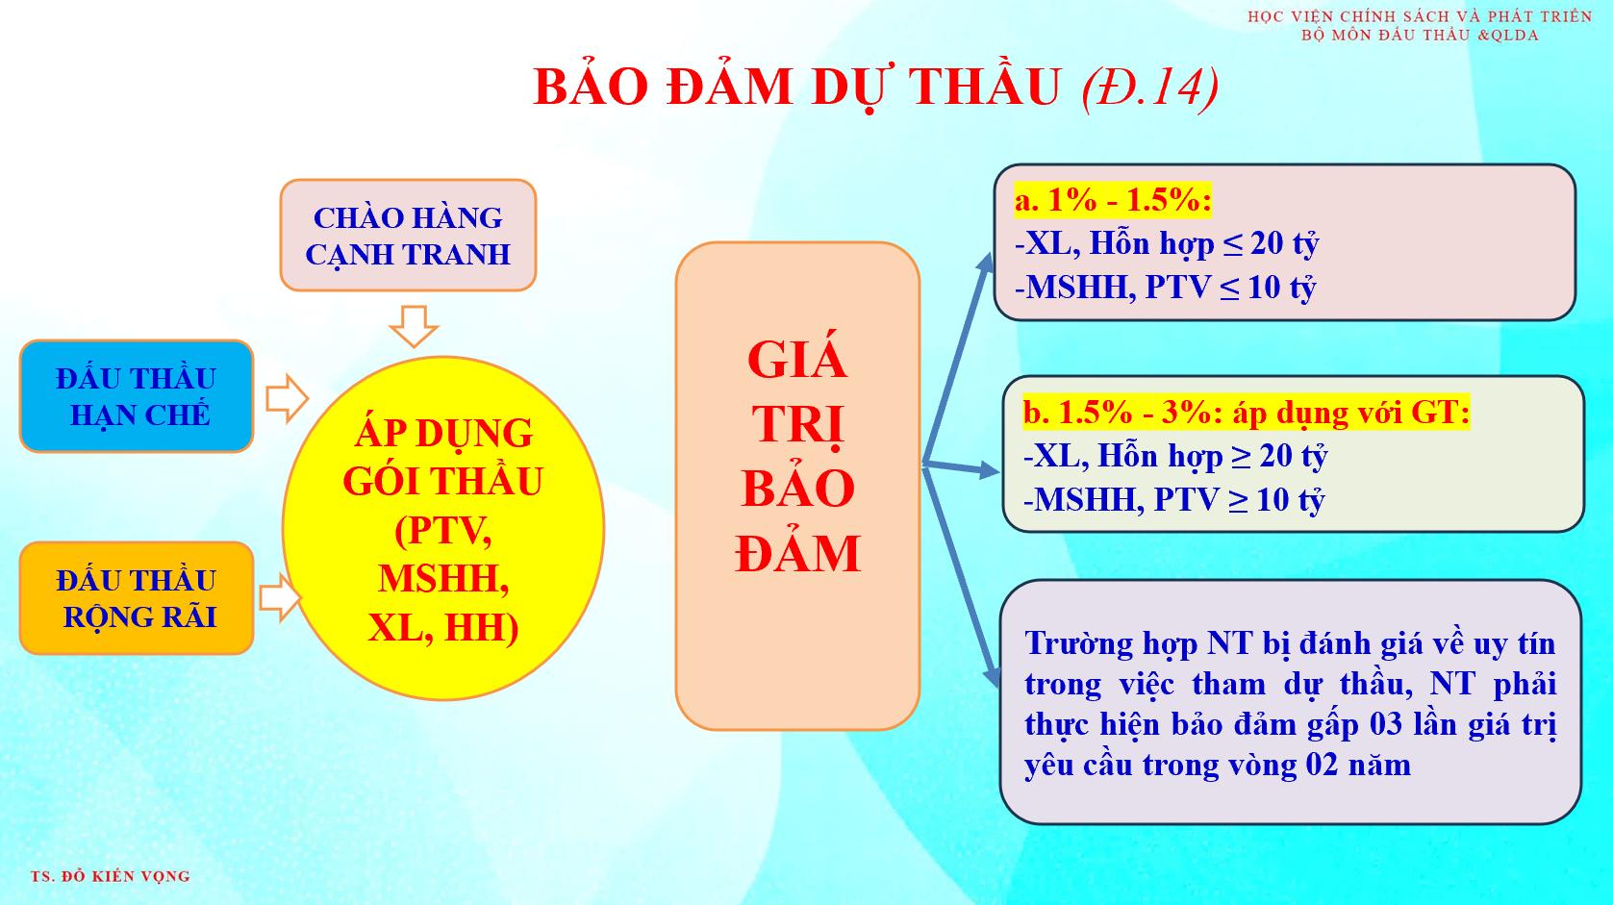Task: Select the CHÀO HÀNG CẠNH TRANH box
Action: point(408,236)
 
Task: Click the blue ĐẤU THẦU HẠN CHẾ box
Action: point(137,396)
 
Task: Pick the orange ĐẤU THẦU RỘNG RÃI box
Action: point(137,598)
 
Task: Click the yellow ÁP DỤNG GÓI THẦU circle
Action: point(442,528)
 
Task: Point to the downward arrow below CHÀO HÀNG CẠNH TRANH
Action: point(414,326)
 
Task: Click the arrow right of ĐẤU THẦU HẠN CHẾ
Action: point(287,397)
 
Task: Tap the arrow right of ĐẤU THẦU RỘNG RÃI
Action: point(280,597)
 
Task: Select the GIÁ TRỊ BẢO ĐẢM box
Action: point(798,486)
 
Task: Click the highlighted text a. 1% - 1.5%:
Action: point(1113,200)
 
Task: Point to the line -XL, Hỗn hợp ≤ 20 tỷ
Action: point(1167,243)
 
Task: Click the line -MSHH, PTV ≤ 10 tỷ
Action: point(1165,287)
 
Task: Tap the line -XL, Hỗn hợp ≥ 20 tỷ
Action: point(1175,456)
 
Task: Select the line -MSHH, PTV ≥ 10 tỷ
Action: point(1173,499)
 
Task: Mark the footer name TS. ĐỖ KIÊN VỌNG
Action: point(111,876)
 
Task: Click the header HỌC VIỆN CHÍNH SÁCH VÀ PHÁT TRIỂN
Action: point(1420,16)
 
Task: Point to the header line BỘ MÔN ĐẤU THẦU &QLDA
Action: point(1420,35)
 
